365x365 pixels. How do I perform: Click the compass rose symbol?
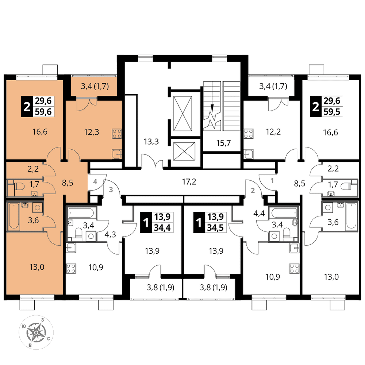[x=36, y=332]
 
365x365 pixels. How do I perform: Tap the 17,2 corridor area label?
[x=189, y=181]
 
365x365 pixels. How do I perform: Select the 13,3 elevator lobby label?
[x=151, y=141]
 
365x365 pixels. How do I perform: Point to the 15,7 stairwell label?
[x=223, y=143]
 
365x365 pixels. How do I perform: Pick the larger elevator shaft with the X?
[x=183, y=114]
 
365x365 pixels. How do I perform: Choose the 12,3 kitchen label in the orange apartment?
[x=92, y=132]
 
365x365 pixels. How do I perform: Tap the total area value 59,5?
[x=332, y=112]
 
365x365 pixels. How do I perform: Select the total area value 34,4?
[x=162, y=228]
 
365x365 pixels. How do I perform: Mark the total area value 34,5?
[x=215, y=228]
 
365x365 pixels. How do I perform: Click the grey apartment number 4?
[x=95, y=181]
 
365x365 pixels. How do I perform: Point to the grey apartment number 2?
[x=253, y=191]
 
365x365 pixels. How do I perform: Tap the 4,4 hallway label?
[x=259, y=213]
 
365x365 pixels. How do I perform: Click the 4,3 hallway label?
[x=110, y=234]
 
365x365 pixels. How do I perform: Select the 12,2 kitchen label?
[x=273, y=132]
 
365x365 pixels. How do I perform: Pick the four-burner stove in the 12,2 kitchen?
[x=249, y=134]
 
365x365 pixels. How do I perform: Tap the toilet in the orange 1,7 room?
[x=19, y=186]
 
